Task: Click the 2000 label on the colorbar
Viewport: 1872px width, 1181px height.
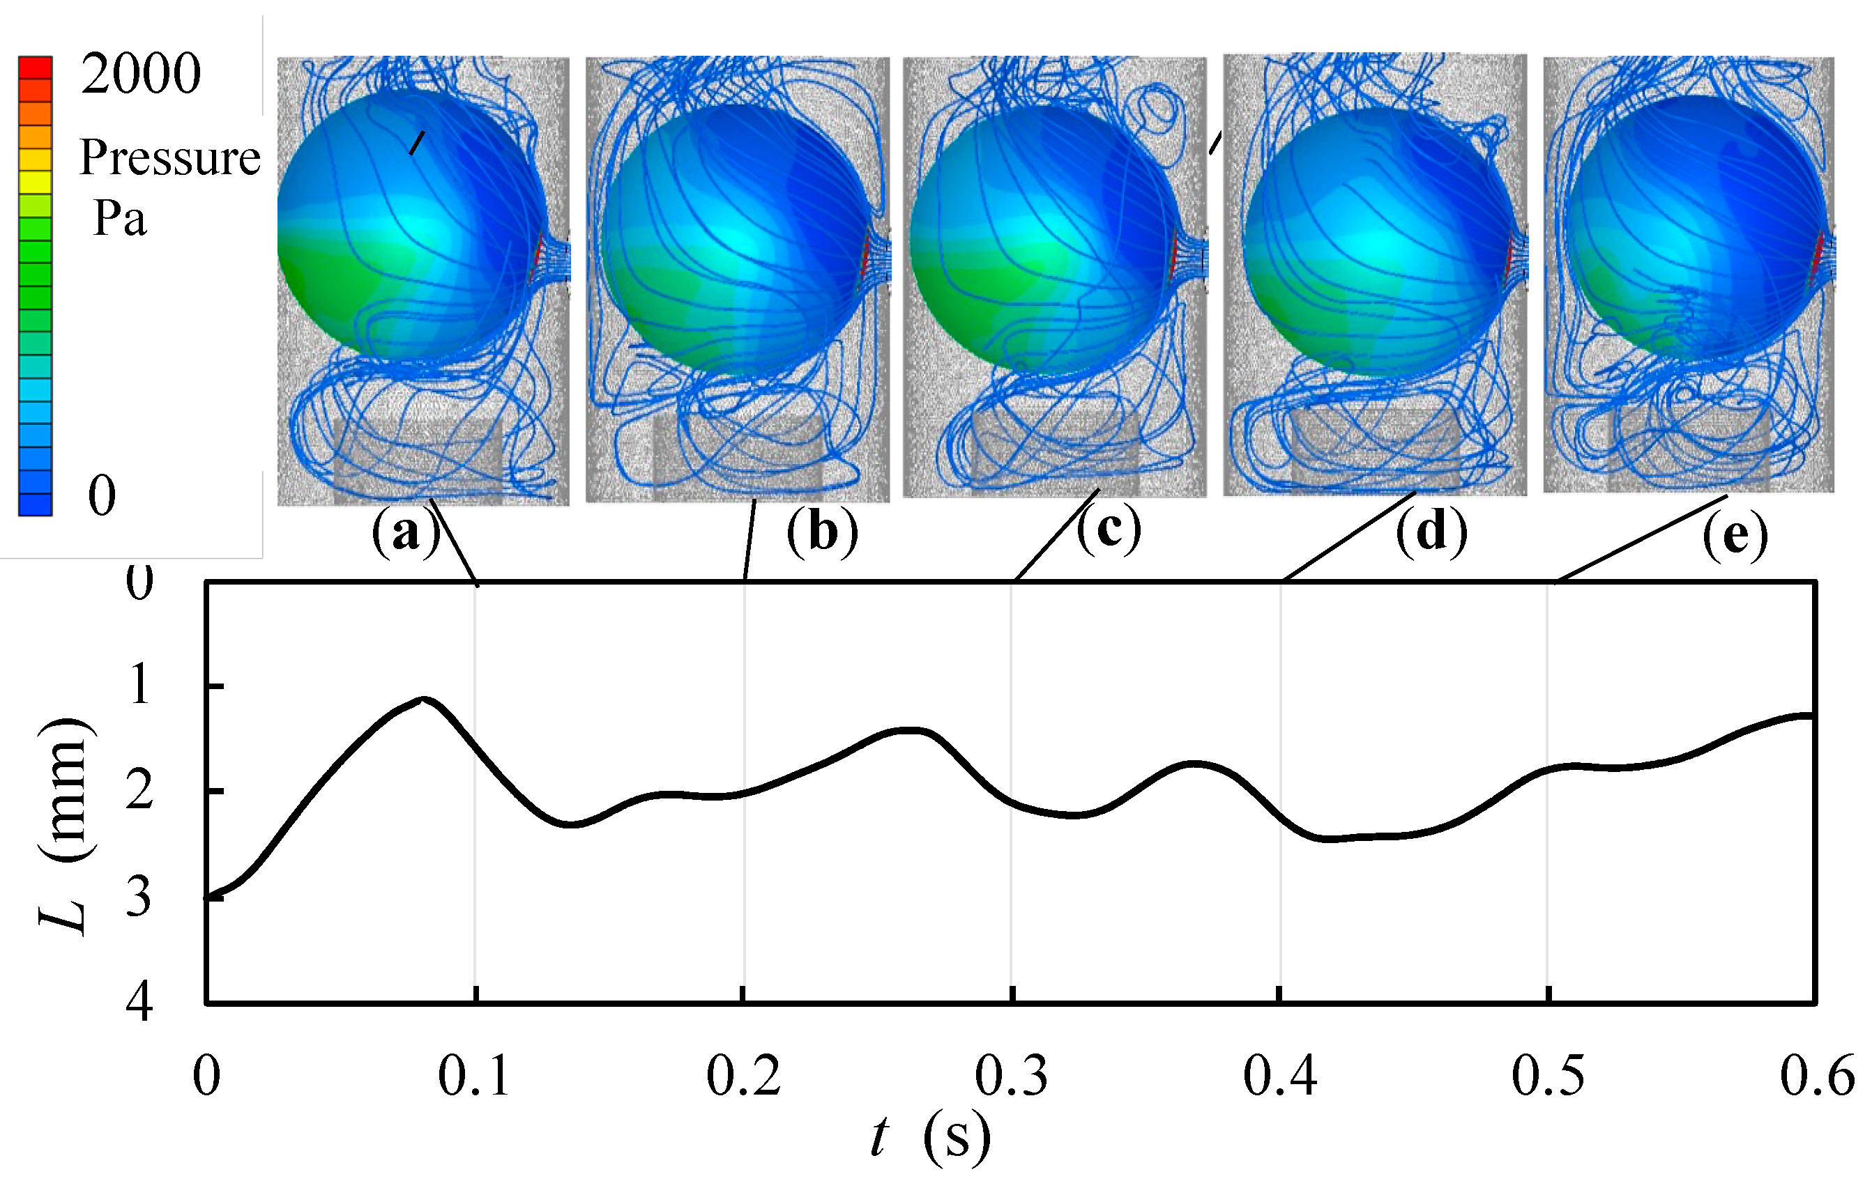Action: [x=141, y=75]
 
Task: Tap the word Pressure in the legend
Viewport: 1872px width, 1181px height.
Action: [x=169, y=157]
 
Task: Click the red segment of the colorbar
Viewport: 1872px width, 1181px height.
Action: [x=36, y=68]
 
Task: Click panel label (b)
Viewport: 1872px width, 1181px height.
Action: [x=823, y=533]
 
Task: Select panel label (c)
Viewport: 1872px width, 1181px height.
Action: [x=1109, y=530]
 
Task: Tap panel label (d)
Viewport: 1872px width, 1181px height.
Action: [x=1432, y=533]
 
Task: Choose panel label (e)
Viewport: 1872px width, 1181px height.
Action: [x=1735, y=536]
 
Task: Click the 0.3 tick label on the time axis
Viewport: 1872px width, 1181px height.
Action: [x=1012, y=1076]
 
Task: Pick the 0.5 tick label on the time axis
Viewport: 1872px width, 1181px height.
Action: [x=1548, y=1076]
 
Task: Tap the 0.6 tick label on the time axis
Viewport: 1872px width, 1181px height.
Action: [x=1817, y=1076]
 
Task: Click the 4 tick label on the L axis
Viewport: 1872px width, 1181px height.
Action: [x=140, y=1003]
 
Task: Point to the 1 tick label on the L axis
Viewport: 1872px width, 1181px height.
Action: [x=140, y=686]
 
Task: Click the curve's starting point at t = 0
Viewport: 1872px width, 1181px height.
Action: [x=208, y=897]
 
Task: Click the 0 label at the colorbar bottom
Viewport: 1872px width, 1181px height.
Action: [x=102, y=495]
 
